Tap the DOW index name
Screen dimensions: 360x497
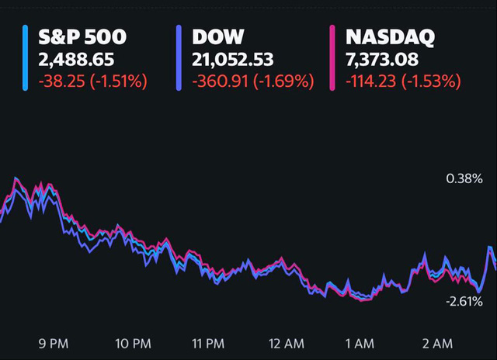coord(218,36)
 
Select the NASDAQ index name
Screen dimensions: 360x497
coord(391,36)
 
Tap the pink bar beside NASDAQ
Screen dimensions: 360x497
coord(332,57)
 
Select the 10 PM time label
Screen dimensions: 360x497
coord(132,343)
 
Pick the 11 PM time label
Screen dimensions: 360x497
coord(208,343)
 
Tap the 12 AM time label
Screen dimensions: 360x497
coord(284,343)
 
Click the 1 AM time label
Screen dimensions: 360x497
coord(361,343)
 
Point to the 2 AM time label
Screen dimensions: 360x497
coord(436,343)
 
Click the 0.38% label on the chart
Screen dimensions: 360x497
coord(464,179)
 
